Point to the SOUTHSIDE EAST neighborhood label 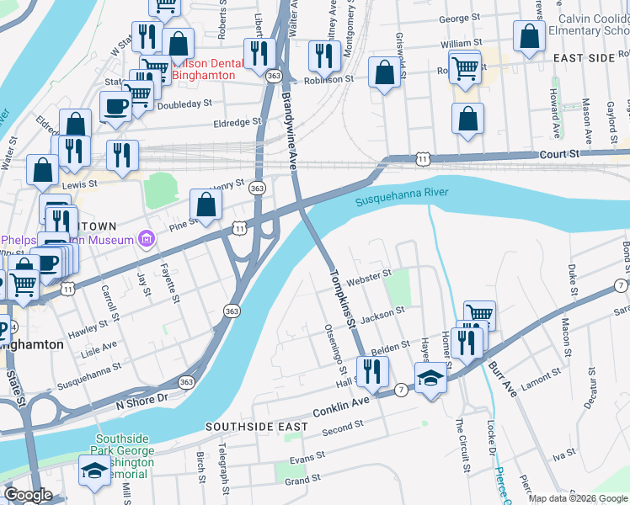[x=257, y=427]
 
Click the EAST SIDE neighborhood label [x=585, y=57]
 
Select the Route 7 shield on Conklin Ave [x=401, y=390]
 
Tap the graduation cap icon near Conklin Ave [x=430, y=377]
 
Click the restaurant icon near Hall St [x=371, y=369]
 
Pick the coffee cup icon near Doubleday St [x=115, y=106]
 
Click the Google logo [x=28, y=495]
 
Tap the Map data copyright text [x=578, y=498]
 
